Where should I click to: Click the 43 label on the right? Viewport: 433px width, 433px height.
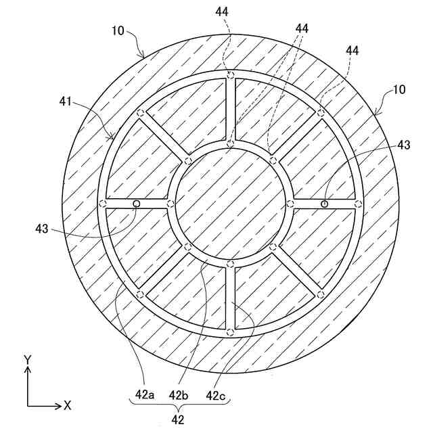click(x=403, y=144)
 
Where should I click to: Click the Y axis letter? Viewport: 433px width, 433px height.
click(x=27, y=359)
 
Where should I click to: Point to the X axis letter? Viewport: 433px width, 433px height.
click(x=67, y=406)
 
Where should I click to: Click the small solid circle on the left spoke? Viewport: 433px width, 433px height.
click(x=136, y=204)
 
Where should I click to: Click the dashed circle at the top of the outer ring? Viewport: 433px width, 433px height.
click(x=231, y=75)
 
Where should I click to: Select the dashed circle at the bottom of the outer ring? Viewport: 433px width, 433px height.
click(x=231, y=332)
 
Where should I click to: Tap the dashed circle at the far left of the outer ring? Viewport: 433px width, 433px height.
click(x=103, y=204)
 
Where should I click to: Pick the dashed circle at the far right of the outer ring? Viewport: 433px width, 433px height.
click(x=359, y=204)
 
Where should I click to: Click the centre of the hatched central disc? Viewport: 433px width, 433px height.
click(x=231, y=204)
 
